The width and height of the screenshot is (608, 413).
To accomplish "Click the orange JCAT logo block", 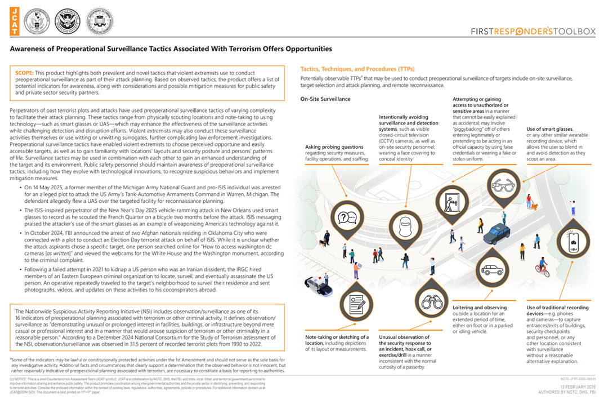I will (x=14, y=21).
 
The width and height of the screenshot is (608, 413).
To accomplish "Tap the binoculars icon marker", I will (x=432, y=303).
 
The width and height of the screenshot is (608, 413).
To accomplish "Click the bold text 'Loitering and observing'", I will (x=480, y=308).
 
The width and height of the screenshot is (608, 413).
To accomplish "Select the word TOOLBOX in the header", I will (x=574, y=32).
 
